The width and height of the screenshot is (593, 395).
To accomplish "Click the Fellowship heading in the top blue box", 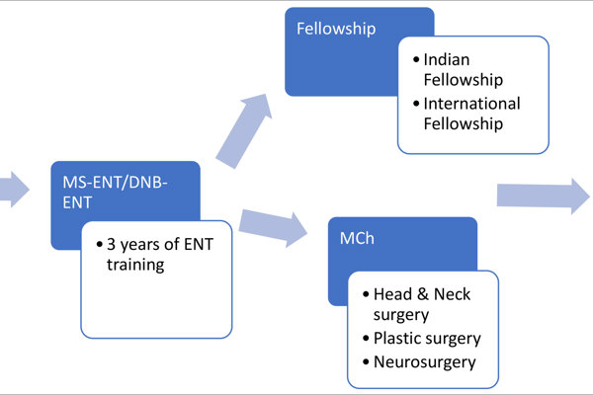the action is tap(336, 29).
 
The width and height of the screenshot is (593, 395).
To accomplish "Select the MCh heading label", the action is tap(357, 239).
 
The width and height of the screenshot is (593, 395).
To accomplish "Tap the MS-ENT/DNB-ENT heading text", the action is tap(115, 193).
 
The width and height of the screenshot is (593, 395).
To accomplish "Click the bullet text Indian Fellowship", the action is tap(464, 69).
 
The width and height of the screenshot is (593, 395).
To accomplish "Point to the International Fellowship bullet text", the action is tap(471, 114).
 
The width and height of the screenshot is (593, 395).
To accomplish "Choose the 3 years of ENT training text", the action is tap(160, 255).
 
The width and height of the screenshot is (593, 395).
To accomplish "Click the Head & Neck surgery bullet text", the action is tap(422, 304).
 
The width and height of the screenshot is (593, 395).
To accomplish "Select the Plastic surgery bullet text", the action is tap(427, 339).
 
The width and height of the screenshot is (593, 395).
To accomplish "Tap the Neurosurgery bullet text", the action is tap(424, 362).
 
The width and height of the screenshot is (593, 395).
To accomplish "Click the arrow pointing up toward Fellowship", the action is tap(244, 130).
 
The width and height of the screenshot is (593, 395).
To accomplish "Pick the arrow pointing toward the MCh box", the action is tap(273, 227).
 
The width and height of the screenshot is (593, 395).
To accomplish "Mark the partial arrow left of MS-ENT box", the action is tap(15, 190).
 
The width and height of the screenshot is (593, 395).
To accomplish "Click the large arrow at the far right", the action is tap(543, 196).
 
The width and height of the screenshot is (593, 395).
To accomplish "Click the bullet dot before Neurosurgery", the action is tap(366, 362).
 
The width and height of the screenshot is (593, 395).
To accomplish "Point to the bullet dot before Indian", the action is tap(416, 59).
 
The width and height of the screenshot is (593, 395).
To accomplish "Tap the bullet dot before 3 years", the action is tap(100, 245).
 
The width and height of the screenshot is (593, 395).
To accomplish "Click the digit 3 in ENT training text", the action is tap(111, 245).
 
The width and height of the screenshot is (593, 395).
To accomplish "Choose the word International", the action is tap(471, 104).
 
